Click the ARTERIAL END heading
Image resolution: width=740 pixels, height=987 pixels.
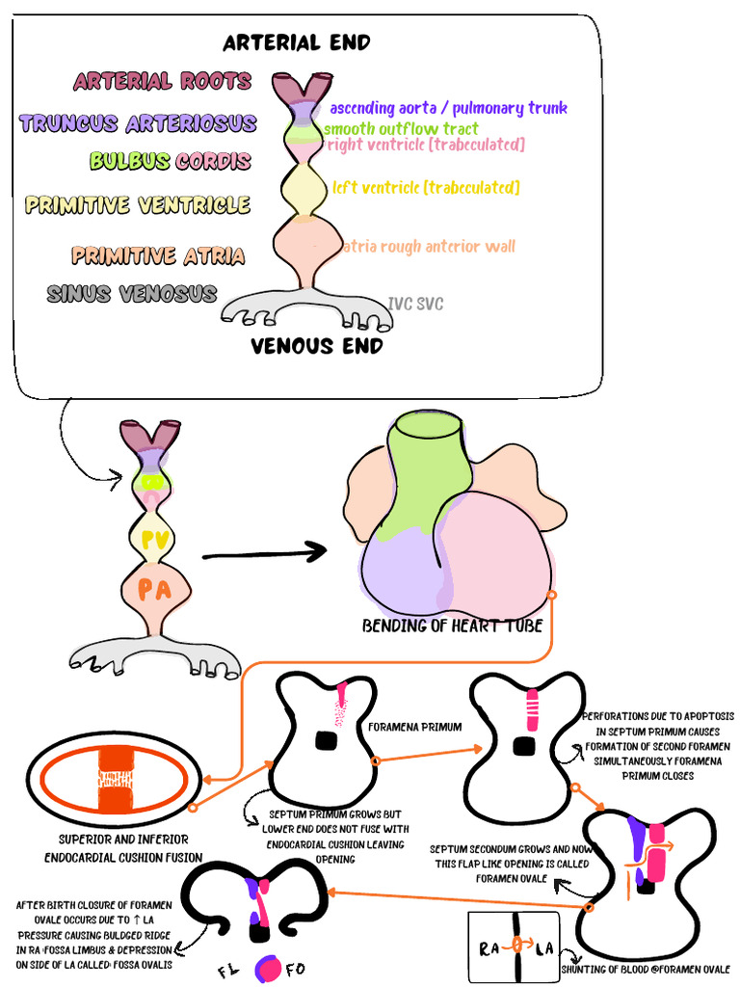pyautogui.click(x=296, y=42)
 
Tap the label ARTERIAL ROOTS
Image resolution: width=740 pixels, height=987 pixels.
pyautogui.click(x=162, y=82)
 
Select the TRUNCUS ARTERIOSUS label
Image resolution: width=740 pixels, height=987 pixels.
pyautogui.click(x=138, y=123)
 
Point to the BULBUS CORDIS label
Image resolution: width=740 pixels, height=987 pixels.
pyautogui.click(x=171, y=161)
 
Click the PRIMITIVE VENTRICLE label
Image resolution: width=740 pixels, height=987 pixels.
pyautogui.click(x=138, y=204)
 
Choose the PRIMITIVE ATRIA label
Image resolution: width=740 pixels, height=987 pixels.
pyautogui.click(x=158, y=255)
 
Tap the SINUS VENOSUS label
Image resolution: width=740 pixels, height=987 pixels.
pyautogui.click(x=132, y=293)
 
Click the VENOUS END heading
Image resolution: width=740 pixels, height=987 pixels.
pyautogui.click(x=317, y=345)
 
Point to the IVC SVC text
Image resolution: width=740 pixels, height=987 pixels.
pyautogui.click(x=415, y=304)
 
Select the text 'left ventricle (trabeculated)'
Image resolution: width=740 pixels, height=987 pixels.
pyautogui.click(x=426, y=187)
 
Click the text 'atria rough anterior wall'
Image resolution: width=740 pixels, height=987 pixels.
pyautogui.click(x=429, y=247)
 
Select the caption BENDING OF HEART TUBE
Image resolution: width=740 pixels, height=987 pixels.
pyautogui.click(x=452, y=626)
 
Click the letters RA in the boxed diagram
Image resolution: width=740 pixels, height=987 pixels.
pyautogui.click(x=489, y=947)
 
